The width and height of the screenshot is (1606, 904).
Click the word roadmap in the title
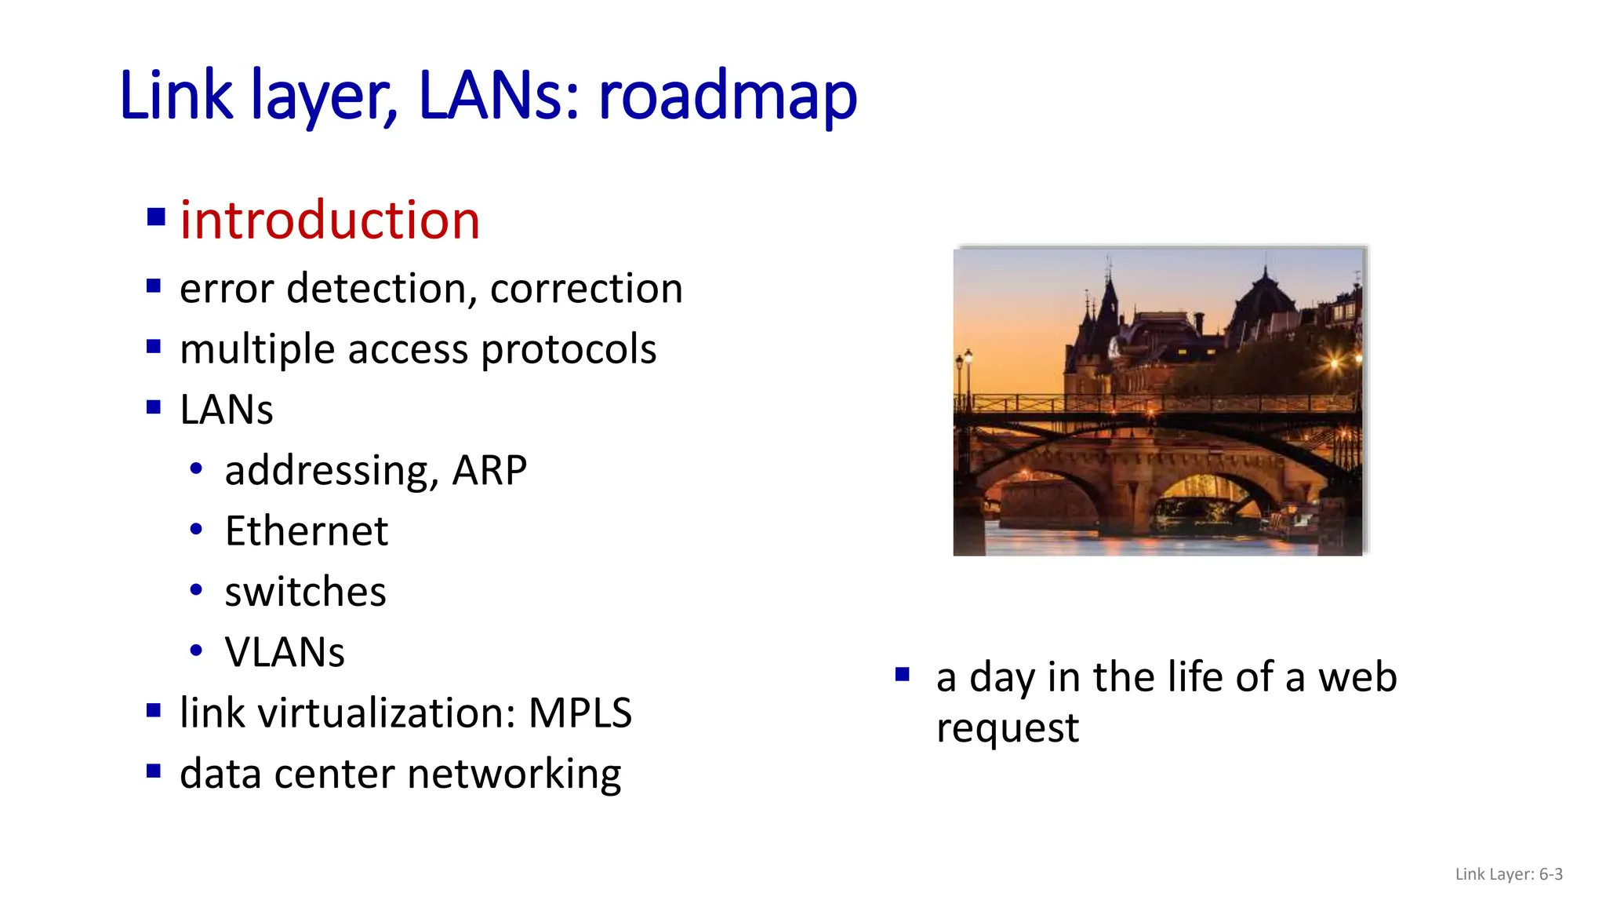click(x=727, y=97)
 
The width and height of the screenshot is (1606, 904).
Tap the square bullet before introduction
click(x=156, y=217)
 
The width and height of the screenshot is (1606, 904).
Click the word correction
click(x=586, y=289)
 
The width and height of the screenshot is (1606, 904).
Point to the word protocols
click(x=569, y=349)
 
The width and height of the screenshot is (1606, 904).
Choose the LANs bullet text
click(x=226, y=410)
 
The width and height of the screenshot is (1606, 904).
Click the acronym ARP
click(x=489, y=471)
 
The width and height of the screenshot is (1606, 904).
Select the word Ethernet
click(x=306, y=531)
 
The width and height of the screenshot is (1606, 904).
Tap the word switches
click(x=305, y=592)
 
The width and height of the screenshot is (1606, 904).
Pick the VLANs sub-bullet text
click(x=284, y=652)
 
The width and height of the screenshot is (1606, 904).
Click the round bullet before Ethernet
click(x=196, y=530)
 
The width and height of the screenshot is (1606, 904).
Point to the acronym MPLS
click(x=580, y=713)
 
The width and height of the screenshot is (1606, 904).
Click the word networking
click(x=514, y=774)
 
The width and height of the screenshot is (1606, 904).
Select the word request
click(x=1007, y=728)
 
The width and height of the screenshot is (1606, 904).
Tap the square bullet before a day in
click(x=902, y=674)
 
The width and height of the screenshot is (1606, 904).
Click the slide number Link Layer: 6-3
click(x=1508, y=874)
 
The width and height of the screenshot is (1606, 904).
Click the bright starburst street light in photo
click(x=1335, y=363)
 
